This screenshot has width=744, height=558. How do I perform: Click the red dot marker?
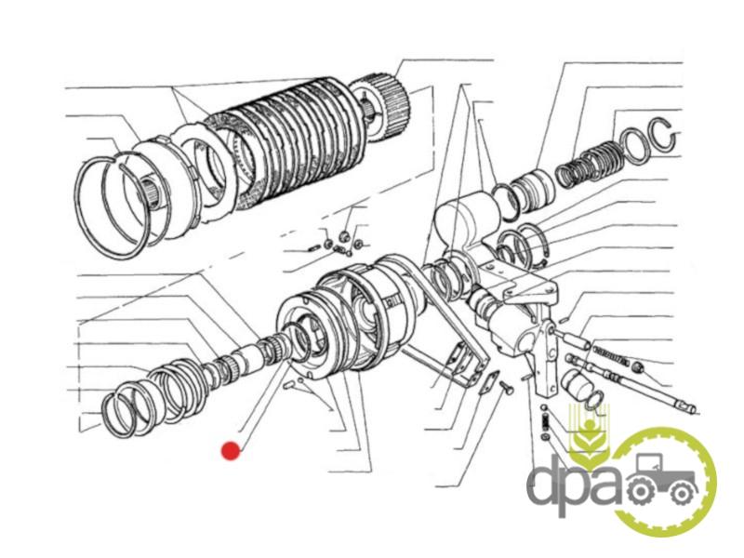[231, 451]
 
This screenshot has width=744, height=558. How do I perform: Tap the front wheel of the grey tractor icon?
[682, 494]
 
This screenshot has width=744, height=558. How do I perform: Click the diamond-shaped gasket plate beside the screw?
[487, 383]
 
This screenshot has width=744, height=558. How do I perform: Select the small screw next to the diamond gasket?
[505, 387]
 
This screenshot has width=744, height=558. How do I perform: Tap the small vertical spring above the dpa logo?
[546, 420]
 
